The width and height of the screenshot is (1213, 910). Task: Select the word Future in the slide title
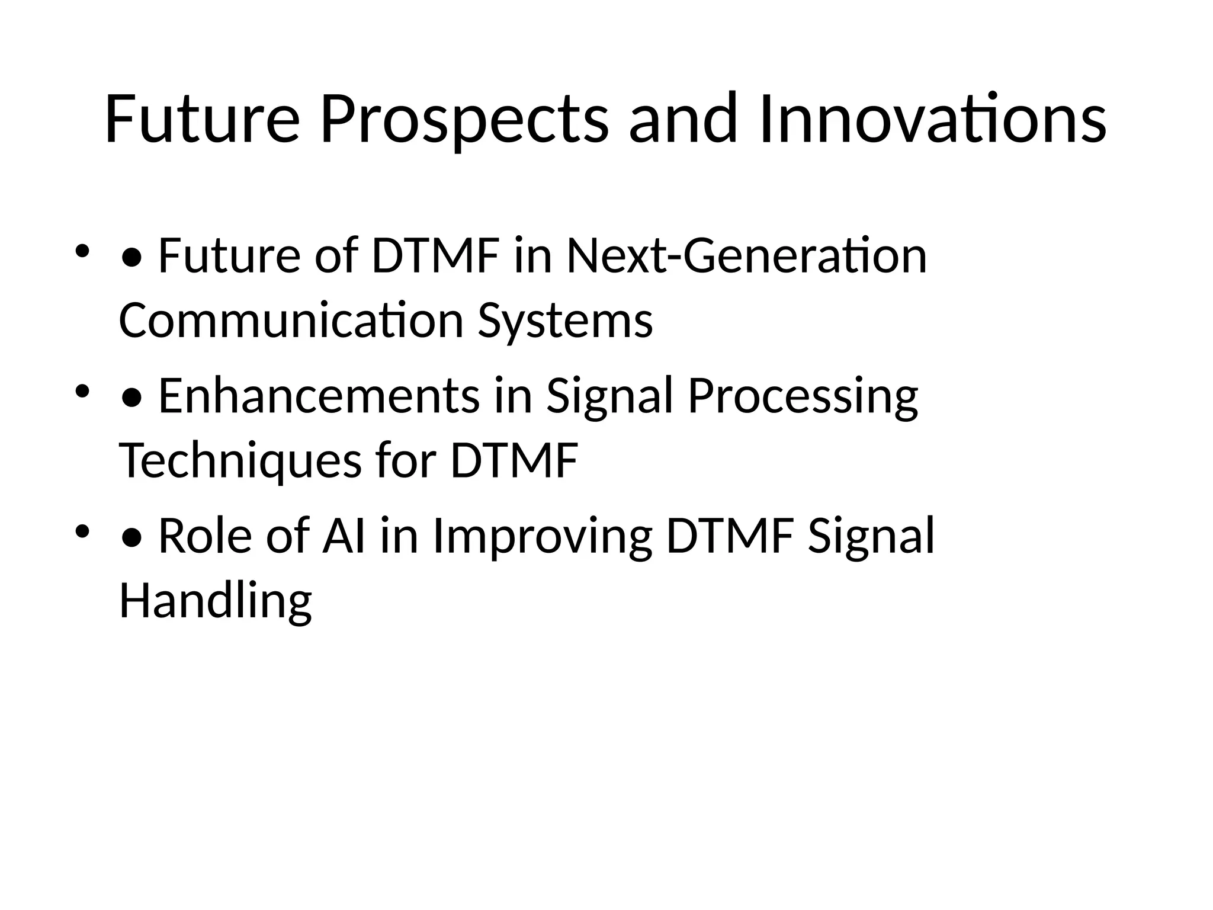coord(202,120)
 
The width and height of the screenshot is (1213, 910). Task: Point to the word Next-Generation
coord(746,256)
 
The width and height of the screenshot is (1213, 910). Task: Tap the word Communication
coord(291,321)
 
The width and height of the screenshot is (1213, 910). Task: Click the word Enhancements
coord(319,396)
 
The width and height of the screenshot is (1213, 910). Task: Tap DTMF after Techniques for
coord(514,461)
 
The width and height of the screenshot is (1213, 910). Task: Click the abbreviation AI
coord(343,536)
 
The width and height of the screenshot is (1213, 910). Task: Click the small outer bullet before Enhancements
coord(82,391)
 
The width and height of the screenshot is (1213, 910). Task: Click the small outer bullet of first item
coord(82,251)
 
